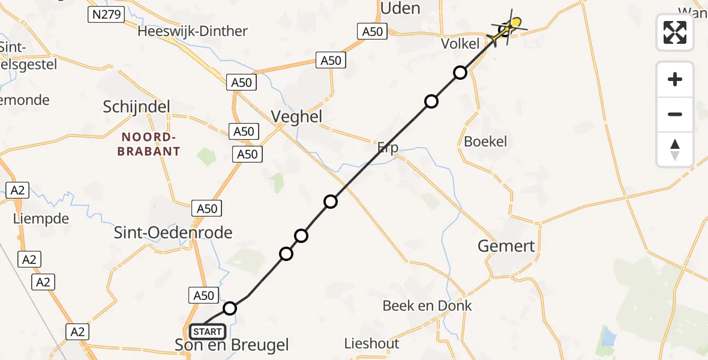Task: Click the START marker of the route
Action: tap(208, 331)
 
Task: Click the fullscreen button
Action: tap(675, 32)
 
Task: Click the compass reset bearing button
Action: tap(675, 149)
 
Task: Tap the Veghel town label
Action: tap(297, 116)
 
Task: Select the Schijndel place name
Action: tap(136, 107)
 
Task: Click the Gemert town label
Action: tap(506, 246)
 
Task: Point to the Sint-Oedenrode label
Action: tap(173, 232)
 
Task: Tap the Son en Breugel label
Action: tap(231, 345)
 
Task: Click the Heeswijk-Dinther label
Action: tap(192, 31)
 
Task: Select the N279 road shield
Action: tap(106, 14)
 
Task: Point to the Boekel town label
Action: tap(485, 142)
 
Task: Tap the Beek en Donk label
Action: tap(427, 305)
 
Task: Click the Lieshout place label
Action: tap(372, 344)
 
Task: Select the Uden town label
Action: tap(400, 8)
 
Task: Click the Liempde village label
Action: tap(41, 219)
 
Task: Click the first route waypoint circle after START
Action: tap(230, 308)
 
